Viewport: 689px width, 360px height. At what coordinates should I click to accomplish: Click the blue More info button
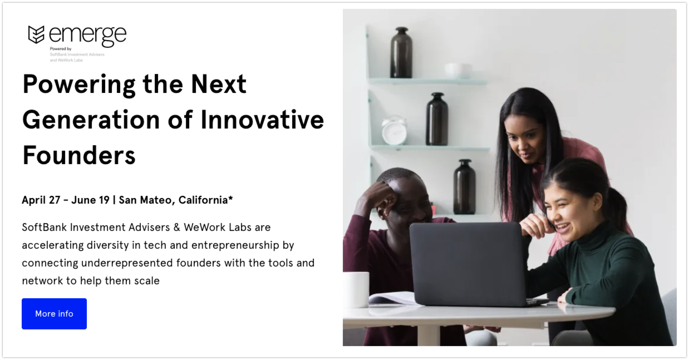pos(54,314)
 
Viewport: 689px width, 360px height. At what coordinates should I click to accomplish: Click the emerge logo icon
pos(36,34)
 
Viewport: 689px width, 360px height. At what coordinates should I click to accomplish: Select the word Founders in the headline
pos(79,155)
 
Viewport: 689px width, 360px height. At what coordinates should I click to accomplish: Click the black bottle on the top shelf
pos(401,52)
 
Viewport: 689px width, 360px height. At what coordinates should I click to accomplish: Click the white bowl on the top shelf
pos(458,71)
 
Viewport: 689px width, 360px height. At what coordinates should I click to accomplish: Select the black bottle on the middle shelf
pos(437,119)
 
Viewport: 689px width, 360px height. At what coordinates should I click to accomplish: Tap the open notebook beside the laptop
pos(392,298)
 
